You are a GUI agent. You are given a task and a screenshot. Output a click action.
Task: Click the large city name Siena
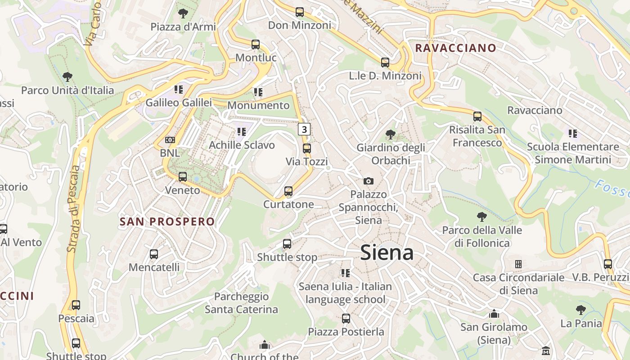click(x=387, y=252)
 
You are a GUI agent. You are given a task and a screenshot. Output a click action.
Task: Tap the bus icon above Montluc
click(x=256, y=45)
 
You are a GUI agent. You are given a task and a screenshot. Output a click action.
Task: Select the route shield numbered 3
click(x=304, y=130)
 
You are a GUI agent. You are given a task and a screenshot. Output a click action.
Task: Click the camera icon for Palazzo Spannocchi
click(x=369, y=181)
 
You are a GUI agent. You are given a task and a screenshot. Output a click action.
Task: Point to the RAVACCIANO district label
click(x=455, y=48)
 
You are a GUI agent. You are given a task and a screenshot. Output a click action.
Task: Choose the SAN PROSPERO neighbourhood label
click(x=167, y=221)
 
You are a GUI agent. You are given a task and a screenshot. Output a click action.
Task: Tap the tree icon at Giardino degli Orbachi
click(x=391, y=134)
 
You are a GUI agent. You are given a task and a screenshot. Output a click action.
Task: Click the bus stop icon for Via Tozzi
click(x=307, y=148)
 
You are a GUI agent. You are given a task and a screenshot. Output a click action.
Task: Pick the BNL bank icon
click(x=170, y=140)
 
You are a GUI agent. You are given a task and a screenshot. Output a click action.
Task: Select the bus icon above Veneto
click(x=182, y=177)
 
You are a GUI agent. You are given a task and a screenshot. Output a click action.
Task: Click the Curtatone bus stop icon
click(x=288, y=191)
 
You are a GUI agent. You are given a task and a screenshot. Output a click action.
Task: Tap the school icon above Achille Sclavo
click(x=242, y=131)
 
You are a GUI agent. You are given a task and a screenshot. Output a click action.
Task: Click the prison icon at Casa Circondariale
click(x=518, y=264)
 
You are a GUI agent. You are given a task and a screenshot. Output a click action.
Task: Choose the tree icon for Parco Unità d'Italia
click(x=67, y=77)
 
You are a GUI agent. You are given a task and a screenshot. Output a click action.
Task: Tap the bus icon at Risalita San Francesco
click(x=477, y=117)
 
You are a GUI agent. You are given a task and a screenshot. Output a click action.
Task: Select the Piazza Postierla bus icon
click(x=346, y=319)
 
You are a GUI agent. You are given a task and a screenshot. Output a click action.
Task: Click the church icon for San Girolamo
click(x=494, y=314)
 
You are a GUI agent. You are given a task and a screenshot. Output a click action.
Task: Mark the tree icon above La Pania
click(x=581, y=310)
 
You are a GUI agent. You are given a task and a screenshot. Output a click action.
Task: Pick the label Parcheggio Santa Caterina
click(x=241, y=303)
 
